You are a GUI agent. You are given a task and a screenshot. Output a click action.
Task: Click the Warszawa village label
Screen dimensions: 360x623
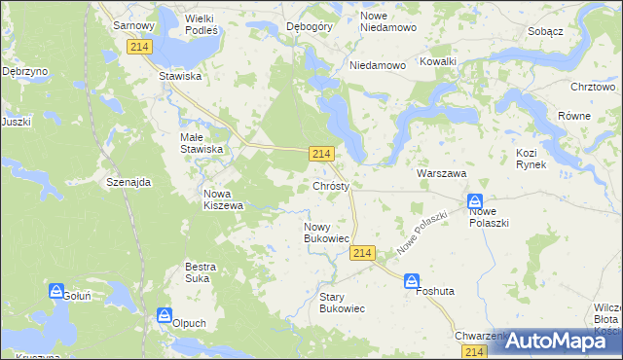[x=442, y=172]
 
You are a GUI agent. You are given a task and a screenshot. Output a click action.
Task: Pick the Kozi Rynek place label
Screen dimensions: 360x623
[x=531, y=159]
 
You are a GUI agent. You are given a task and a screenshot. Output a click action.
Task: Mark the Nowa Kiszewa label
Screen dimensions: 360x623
[x=223, y=199]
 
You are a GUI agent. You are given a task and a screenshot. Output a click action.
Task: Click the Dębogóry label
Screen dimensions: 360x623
[x=311, y=26]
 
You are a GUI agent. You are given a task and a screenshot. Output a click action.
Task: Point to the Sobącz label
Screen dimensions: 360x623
[x=545, y=31]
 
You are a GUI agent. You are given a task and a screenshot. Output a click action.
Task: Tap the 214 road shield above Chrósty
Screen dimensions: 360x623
[x=323, y=154]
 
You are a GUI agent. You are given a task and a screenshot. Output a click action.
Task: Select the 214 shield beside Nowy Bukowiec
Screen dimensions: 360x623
[x=361, y=253]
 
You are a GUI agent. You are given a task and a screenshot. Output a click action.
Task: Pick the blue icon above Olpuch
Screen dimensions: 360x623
[x=165, y=315]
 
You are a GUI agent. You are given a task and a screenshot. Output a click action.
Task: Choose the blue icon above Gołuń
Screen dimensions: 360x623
[x=56, y=291]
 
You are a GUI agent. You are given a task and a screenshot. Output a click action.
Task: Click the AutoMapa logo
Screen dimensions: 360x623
[x=557, y=340]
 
